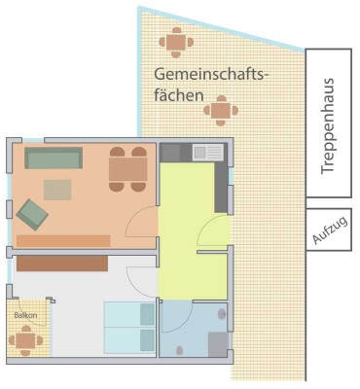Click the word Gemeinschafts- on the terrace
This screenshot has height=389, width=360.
210,75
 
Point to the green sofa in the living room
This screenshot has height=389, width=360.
54,158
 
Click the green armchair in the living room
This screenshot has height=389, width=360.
30,210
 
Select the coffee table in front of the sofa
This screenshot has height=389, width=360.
57,189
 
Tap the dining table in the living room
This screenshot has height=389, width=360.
127,170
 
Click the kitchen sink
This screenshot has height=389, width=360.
207,152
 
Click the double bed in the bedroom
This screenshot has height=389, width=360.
129,327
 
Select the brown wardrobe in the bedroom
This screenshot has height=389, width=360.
61,263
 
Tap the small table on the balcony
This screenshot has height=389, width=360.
25,339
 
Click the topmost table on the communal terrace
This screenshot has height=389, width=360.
175,43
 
